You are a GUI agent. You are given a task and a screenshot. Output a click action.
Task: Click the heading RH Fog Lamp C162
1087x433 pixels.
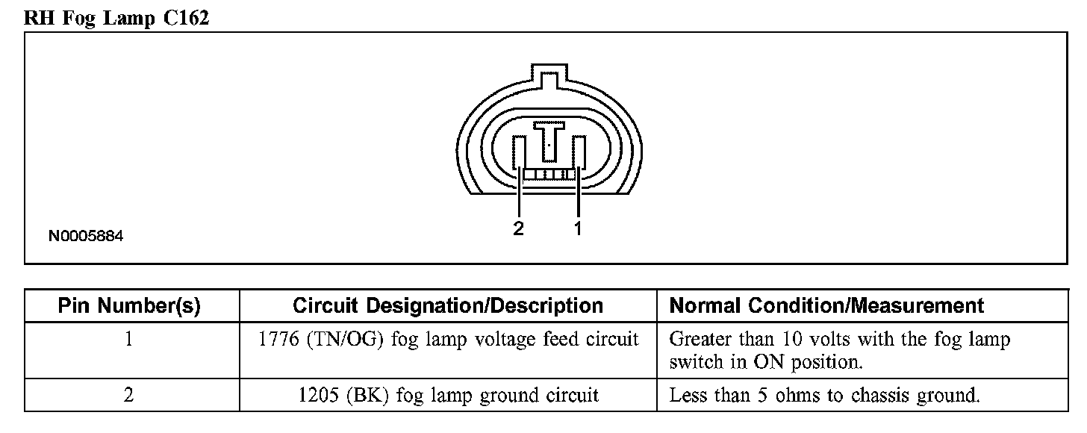(x=116, y=18)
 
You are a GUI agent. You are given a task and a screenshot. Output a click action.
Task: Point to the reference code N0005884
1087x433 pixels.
(x=86, y=237)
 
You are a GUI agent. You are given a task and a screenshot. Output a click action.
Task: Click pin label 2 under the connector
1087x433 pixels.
(x=519, y=228)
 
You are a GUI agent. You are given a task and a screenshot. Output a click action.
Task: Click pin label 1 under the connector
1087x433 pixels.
(x=577, y=228)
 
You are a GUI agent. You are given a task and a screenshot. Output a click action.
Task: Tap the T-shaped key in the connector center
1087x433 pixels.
(x=550, y=140)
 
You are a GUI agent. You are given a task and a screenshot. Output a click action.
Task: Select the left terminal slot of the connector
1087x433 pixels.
(x=520, y=153)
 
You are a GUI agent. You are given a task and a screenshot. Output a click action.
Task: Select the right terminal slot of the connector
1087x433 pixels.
(x=579, y=153)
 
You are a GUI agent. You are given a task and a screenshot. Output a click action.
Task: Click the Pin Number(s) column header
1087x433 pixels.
(x=129, y=306)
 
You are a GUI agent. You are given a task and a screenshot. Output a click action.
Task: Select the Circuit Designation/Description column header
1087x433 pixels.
(x=448, y=306)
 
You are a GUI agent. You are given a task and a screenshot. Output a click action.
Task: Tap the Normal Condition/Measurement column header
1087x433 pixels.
(x=826, y=306)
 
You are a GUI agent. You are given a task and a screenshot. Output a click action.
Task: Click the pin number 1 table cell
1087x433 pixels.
(x=129, y=340)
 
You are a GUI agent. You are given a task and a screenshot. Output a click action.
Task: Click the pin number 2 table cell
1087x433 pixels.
(x=129, y=395)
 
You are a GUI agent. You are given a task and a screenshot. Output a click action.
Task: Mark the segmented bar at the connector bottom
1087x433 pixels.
(x=549, y=175)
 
